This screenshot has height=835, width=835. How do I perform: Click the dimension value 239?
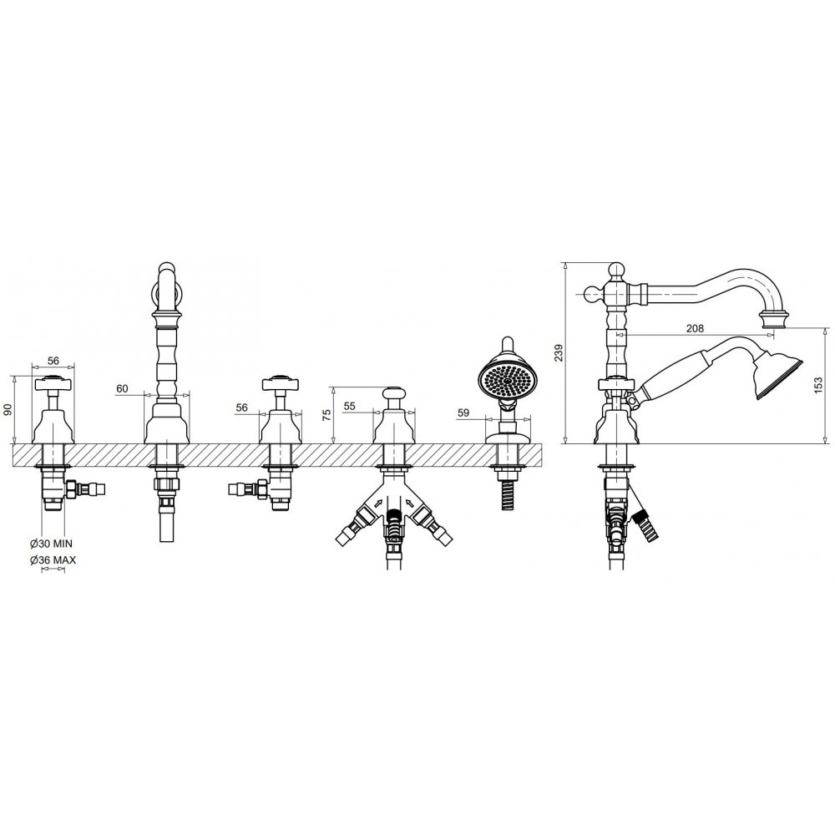pos(558,353)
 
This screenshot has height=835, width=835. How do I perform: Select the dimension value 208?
pos(694,328)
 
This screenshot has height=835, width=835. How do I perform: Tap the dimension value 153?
pos(818,385)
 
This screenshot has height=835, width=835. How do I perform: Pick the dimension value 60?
pos(122,389)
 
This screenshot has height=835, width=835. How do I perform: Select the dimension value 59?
pos(463,412)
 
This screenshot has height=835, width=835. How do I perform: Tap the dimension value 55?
pos(349,407)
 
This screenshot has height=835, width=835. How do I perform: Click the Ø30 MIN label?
pos(51,544)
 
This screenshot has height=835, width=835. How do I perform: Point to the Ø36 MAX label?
pos(53,559)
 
